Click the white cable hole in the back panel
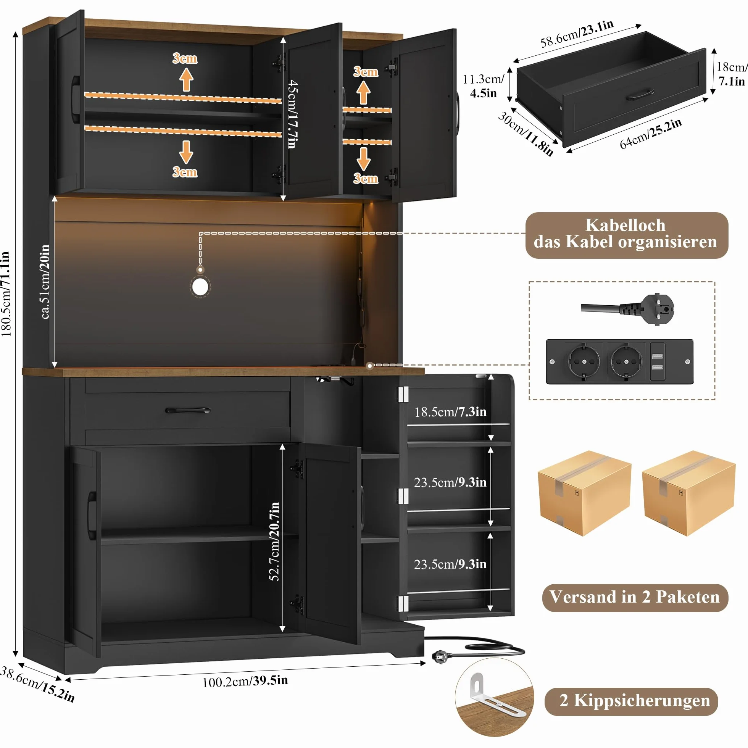click(x=200, y=287)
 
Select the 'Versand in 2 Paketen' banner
click(x=635, y=596)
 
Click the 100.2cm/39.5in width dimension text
click(x=245, y=680)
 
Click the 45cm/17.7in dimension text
click(x=293, y=114)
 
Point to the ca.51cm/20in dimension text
click(x=45, y=282)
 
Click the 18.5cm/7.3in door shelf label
click(x=450, y=411)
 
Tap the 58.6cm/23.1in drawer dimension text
click(x=577, y=33)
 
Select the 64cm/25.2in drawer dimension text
click(x=650, y=134)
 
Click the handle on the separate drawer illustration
click(x=640, y=95)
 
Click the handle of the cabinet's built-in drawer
click(x=188, y=410)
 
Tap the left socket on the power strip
click(x=584, y=361)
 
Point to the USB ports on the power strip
click(x=657, y=361)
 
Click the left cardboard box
click(x=584, y=493)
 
